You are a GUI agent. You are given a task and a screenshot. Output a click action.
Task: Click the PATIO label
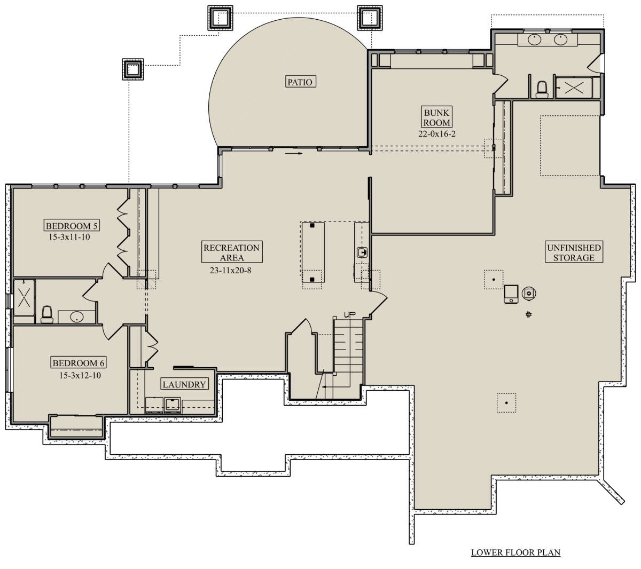(300, 82)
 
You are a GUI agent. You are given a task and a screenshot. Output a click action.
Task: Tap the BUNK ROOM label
(436, 117)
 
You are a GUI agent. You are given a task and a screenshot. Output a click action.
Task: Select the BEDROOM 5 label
(72, 226)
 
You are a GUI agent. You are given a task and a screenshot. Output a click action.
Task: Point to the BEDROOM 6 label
(79, 363)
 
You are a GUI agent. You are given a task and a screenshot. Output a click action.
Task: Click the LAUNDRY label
(184, 384)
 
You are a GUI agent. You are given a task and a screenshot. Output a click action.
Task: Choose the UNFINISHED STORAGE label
(574, 252)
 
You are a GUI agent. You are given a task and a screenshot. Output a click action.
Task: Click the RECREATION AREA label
(232, 252)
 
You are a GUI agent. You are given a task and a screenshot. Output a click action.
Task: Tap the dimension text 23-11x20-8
(230, 271)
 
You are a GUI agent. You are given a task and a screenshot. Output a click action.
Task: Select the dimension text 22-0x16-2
(437, 134)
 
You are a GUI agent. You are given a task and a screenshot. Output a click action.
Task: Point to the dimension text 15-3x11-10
(69, 237)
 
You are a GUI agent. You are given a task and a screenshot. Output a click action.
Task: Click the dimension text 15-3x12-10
(80, 376)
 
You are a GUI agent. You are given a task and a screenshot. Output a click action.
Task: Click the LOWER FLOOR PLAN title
(516, 552)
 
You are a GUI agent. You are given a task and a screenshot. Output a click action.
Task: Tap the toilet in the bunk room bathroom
(542, 90)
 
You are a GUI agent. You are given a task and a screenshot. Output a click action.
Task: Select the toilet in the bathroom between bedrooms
(47, 314)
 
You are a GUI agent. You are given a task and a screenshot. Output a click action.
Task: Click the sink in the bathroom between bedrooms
(76, 317)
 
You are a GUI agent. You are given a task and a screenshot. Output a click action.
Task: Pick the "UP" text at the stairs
(349, 314)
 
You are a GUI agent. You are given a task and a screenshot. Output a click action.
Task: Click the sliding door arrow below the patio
(294, 154)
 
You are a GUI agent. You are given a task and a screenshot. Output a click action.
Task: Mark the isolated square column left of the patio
(133, 69)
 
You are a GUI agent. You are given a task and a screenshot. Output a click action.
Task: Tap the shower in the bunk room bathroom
(574, 88)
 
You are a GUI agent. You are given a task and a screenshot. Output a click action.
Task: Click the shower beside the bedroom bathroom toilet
(24, 297)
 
